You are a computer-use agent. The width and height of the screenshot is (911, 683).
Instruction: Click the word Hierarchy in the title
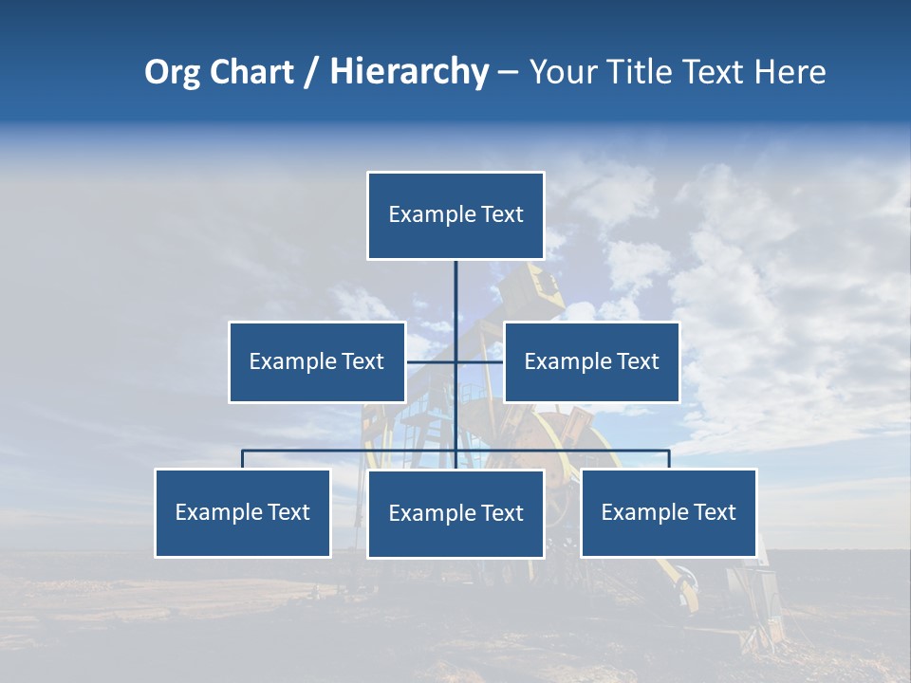(x=409, y=72)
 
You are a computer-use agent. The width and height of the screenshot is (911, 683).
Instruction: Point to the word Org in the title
(x=172, y=72)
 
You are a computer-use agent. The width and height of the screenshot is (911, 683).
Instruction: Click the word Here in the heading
(x=790, y=72)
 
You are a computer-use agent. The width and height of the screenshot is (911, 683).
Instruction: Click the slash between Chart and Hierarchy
(x=311, y=72)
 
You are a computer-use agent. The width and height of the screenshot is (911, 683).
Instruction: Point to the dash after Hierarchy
(x=508, y=72)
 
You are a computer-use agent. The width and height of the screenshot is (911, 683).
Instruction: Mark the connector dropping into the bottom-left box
(x=243, y=459)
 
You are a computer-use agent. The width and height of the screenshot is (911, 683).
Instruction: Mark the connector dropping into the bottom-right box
(x=669, y=459)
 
